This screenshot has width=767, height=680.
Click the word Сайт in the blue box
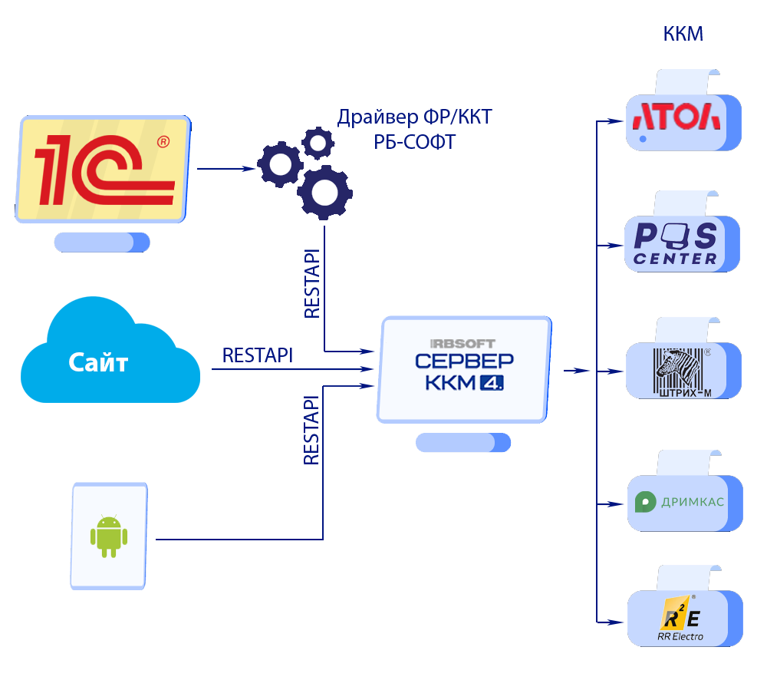pos(98,361)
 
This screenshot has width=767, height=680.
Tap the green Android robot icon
pos(108,536)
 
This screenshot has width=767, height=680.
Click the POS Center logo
pos(675,243)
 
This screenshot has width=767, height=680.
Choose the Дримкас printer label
pos(680,503)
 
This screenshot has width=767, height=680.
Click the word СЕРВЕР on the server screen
pos(465,361)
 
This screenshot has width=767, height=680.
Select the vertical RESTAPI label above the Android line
pos(311,430)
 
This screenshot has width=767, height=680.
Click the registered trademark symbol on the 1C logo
pos(163,142)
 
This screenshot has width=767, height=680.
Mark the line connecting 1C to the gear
pos(226,169)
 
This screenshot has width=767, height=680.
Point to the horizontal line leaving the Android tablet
pos(238,540)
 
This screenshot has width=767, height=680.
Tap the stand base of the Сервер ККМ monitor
pos(463,443)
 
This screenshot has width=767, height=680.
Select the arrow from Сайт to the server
pos(291,369)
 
